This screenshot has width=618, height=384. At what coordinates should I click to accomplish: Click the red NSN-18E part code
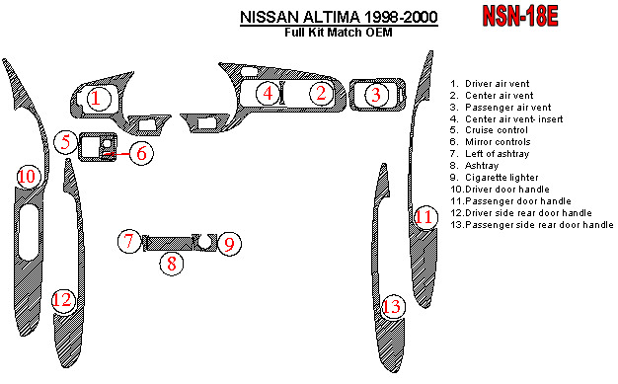pyautogui.click(x=520, y=17)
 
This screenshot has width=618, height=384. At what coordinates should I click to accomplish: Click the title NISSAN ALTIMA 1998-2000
pyautogui.click(x=339, y=17)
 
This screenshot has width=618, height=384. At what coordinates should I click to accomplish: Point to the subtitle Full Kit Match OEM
pyautogui.click(x=339, y=32)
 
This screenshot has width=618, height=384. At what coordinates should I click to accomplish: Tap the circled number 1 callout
pyautogui.click(x=96, y=98)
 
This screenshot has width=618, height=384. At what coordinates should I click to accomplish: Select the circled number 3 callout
pyautogui.click(x=376, y=95)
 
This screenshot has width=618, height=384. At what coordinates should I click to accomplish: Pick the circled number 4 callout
pyautogui.click(x=268, y=94)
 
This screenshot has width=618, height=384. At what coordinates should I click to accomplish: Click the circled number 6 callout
pyautogui.click(x=141, y=153)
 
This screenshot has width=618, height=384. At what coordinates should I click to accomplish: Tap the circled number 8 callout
pyautogui.click(x=172, y=264)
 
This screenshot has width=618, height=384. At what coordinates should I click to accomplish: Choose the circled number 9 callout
pyautogui.click(x=229, y=244)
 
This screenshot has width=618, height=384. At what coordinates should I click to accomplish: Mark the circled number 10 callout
pyautogui.click(x=29, y=177)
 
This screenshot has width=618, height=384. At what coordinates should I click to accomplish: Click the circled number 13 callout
pyautogui.click(x=393, y=306)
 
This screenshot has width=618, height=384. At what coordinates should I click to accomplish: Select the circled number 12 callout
pyautogui.click(x=63, y=301)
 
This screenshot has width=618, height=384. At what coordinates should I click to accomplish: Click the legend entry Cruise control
pyautogui.click(x=489, y=130)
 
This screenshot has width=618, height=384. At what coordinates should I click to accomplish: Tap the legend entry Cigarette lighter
pyautogui.click(x=494, y=178)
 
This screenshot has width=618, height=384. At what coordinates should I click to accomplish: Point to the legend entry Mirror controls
pyautogui.click(x=490, y=142)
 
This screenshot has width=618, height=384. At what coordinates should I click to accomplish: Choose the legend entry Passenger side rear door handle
pyautogui.click(x=532, y=225)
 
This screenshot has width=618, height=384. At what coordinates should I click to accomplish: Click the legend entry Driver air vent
pyautogui.click(x=490, y=84)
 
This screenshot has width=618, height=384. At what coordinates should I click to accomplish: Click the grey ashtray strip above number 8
pyautogui.click(x=170, y=243)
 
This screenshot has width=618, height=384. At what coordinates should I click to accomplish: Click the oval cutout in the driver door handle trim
pyautogui.click(x=29, y=232)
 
